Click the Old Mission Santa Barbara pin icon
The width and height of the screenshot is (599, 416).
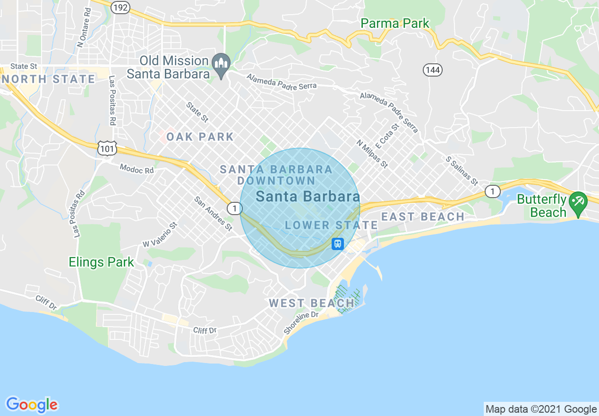click(x=221, y=63)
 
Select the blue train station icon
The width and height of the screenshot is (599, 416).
click(x=337, y=244)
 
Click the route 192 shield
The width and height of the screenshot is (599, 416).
click(x=120, y=7)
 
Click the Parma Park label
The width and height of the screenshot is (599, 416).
click(x=395, y=23)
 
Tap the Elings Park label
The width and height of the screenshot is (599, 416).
click(x=102, y=262)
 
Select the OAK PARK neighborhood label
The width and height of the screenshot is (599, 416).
click(x=200, y=137)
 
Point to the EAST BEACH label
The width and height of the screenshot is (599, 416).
click(x=423, y=217)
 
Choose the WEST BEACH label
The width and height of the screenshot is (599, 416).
click(x=312, y=303)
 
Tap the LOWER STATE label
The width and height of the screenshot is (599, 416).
click(x=332, y=225)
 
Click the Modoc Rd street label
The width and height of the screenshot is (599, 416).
click(x=137, y=168)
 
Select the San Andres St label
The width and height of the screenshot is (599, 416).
click(x=213, y=213)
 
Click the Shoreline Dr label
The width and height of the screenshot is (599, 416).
click(x=301, y=322)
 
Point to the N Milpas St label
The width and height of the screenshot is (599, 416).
click(x=372, y=154)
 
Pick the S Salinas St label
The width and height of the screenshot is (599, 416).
click(x=462, y=171)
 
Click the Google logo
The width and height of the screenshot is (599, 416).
click(x=32, y=405)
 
